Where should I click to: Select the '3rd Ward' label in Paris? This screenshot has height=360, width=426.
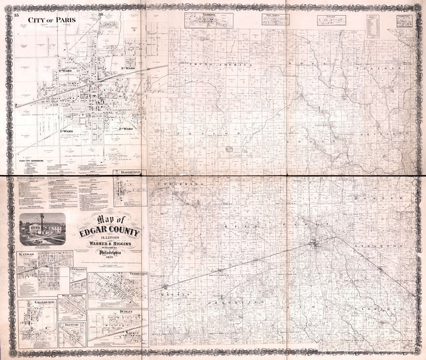pos(127,68)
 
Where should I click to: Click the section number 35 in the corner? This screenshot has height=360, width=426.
pos(17,15)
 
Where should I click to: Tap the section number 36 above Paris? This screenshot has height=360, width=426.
pos(101,15)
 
